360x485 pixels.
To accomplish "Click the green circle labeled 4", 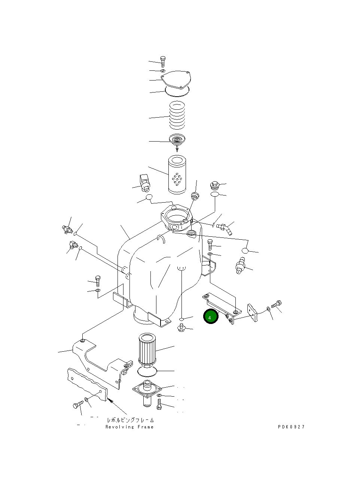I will (210, 317).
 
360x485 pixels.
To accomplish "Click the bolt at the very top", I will (163, 61).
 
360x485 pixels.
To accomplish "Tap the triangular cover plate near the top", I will (176, 80).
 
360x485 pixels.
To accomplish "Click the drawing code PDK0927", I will (291, 427).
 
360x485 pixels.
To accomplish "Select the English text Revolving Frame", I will (129, 427).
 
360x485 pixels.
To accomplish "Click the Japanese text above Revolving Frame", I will (130, 420).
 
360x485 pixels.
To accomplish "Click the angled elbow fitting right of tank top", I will (226, 228).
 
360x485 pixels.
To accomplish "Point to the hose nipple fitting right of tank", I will (241, 265).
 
